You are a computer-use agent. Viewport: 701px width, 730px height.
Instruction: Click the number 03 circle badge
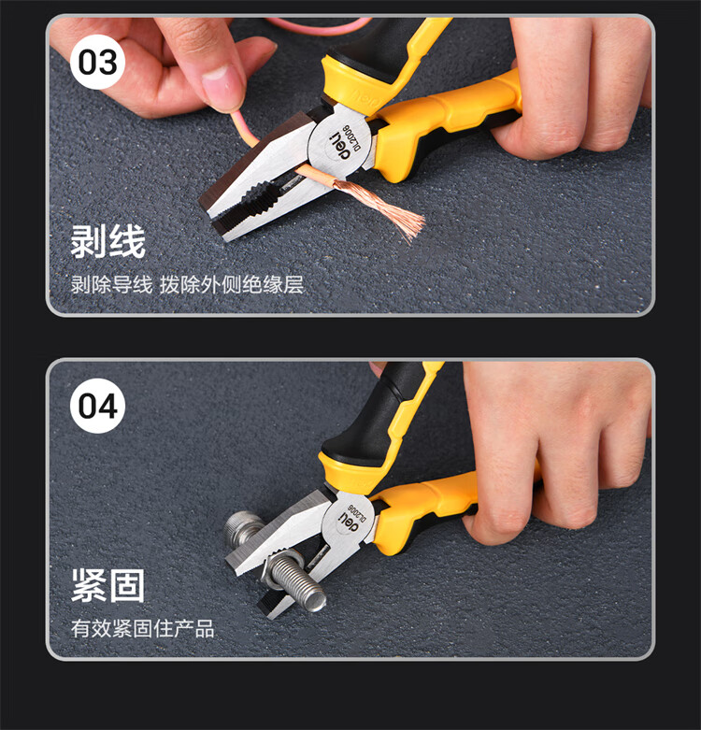[97, 62]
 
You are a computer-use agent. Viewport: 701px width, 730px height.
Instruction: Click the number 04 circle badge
[97, 406]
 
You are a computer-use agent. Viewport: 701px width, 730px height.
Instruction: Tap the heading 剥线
[108, 241]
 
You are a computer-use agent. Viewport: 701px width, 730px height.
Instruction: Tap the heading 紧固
[108, 585]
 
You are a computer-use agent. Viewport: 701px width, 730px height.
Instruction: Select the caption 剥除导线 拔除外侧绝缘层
[187, 284]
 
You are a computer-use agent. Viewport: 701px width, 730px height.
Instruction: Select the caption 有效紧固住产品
[142, 628]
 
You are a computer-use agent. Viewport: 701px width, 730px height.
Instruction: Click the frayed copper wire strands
[381, 205]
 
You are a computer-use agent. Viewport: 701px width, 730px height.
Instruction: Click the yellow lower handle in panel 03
[442, 122]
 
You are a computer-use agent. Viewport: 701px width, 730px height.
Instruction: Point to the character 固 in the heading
[127, 585]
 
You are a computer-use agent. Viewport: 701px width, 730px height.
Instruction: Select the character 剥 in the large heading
[89, 241]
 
